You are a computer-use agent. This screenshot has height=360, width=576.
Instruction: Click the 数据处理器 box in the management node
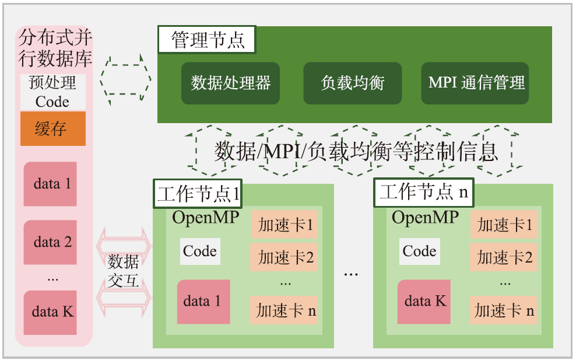[x=230, y=83]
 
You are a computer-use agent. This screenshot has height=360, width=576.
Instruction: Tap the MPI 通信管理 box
[x=475, y=83]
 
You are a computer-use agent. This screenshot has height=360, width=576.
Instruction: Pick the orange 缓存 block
[x=53, y=128]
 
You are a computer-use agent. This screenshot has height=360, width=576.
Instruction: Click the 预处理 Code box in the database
[x=53, y=92]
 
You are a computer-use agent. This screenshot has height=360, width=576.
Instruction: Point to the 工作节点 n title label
[x=423, y=193]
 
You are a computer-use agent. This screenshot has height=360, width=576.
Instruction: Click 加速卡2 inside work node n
[x=505, y=257]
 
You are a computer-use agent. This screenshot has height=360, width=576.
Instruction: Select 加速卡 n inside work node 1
[x=286, y=310]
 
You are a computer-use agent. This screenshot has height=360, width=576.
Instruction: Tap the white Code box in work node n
[x=419, y=251]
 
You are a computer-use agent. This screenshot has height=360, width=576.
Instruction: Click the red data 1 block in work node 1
[x=203, y=302]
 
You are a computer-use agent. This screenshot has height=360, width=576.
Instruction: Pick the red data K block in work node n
[x=424, y=302]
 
